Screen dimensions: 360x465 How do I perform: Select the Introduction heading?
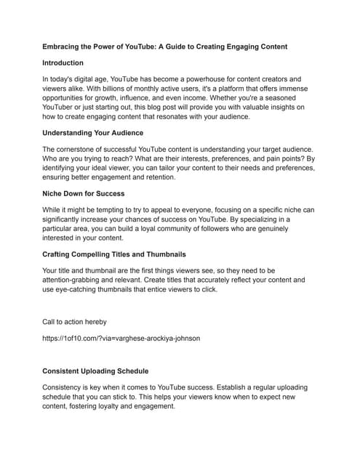click(x=63, y=63)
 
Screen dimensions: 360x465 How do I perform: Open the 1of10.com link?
click(x=121, y=338)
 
